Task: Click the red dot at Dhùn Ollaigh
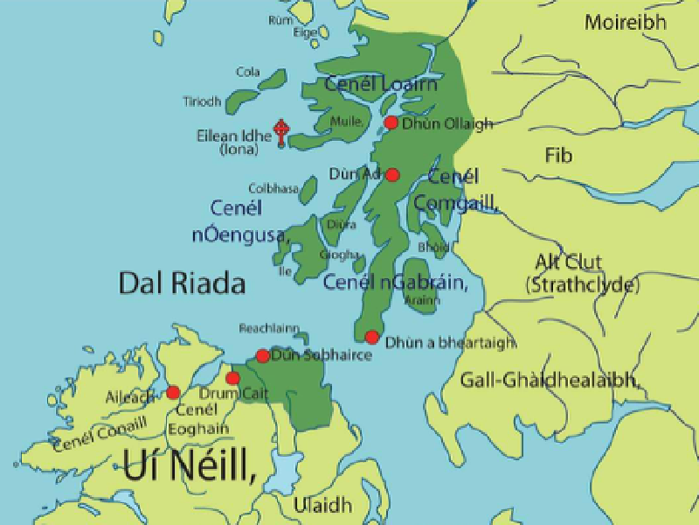pos(391,122)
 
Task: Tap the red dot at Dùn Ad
pos(392,174)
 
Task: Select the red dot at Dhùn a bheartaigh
pos(372,337)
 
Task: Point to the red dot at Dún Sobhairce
pos(262,356)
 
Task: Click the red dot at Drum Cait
pos(232,378)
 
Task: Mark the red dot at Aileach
pos(173,393)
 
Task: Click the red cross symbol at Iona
pos(280,132)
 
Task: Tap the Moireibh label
pos(625,22)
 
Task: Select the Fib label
pos(558,156)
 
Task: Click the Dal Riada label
pos(182,283)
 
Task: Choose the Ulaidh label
pos(322,505)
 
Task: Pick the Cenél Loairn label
pos(380,84)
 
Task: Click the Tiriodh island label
pos(202,101)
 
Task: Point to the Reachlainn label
pos(268,328)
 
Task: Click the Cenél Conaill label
pos(100,433)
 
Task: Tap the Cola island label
pos(248,72)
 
